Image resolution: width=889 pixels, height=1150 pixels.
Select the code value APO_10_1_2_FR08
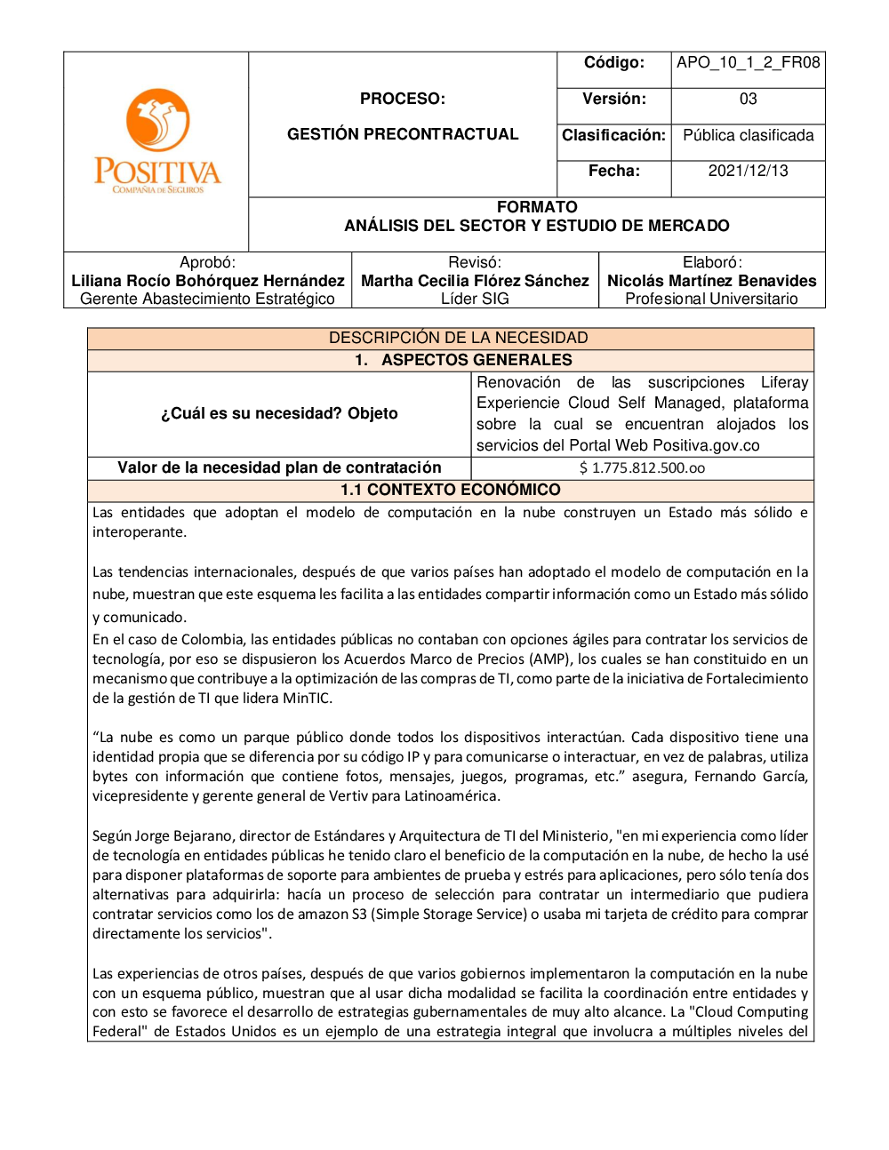pos(748,62)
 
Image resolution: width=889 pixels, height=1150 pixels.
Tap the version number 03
pos(748,99)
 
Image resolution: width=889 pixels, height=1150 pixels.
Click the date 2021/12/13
pos(748,171)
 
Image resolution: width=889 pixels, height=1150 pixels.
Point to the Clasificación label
pos(613,135)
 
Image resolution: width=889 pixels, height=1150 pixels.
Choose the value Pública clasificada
pos(748,135)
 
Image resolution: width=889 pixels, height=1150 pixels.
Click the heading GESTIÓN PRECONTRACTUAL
pos(403,134)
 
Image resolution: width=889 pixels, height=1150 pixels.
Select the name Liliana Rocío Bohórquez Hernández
pos(208,281)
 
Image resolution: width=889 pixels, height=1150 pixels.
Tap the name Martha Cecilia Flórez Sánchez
pos(475,281)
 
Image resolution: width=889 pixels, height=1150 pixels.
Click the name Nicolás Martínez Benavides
pos(711,281)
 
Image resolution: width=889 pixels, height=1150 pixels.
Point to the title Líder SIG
pos(475,299)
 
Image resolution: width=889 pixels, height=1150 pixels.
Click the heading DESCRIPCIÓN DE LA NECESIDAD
pos(458,338)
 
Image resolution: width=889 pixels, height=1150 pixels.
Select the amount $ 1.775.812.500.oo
pos(642,468)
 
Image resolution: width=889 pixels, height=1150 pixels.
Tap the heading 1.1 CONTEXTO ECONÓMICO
pos(450,490)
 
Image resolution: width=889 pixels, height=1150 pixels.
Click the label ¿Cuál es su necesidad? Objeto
pos(279,413)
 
